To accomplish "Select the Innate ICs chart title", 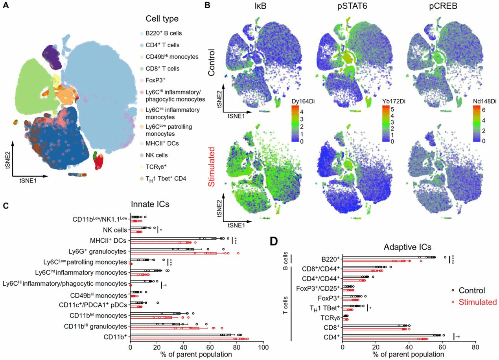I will [154, 204].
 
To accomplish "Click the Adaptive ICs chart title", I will [407, 247].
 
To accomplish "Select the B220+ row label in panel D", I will [330, 259].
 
